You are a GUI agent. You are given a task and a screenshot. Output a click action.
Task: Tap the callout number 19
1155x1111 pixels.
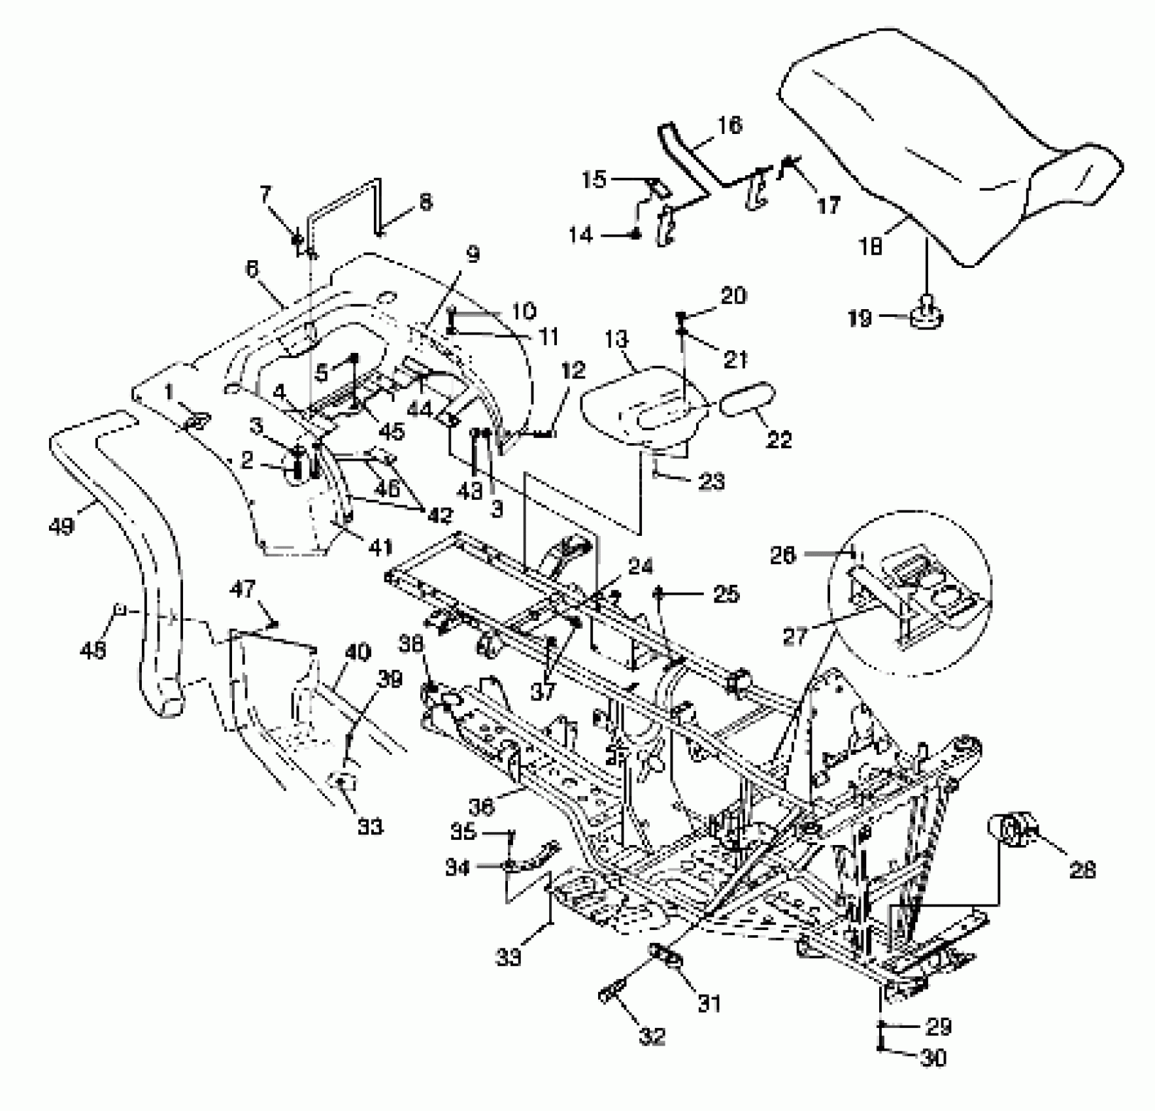(860, 318)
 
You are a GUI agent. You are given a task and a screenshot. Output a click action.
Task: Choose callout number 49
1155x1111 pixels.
(61, 525)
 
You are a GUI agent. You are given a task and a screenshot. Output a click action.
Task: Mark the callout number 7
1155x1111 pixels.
(264, 194)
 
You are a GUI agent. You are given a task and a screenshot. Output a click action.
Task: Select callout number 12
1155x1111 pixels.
(573, 371)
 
